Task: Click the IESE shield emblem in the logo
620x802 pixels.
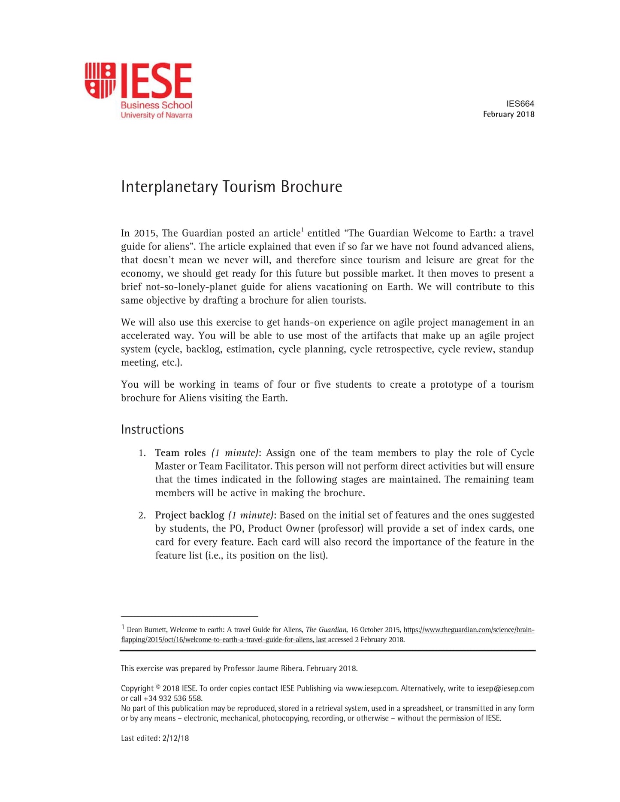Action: (x=100, y=80)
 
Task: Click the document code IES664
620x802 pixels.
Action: (x=520, y=104)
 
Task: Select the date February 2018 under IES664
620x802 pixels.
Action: (x=508, y=114)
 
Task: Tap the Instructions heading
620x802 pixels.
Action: (x=152, y=429)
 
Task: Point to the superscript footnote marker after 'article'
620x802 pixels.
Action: (x=302, y=230)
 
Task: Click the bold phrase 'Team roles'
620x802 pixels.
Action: (x=180, y=453)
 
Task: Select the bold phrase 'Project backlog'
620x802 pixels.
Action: (x=190, y=515)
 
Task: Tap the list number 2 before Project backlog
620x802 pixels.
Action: (x=142, y=515)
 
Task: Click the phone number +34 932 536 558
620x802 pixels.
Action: (x=172, y=698)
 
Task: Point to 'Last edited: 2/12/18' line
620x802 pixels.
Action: (x=155, y=738)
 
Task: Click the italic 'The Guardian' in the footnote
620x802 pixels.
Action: (x=326, y=630)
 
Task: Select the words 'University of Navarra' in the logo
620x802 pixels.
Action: (x=156, y=115)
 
